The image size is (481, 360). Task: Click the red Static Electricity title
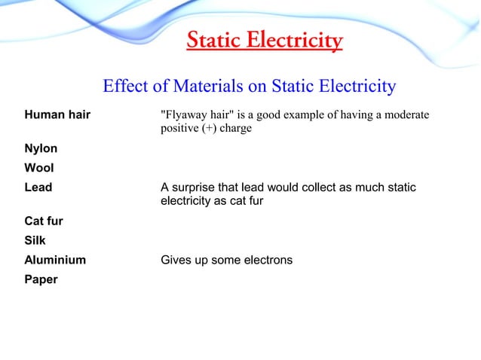click(264, 39)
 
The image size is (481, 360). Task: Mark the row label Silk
click(35, 241)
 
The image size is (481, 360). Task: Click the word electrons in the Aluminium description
click(267, 260)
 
